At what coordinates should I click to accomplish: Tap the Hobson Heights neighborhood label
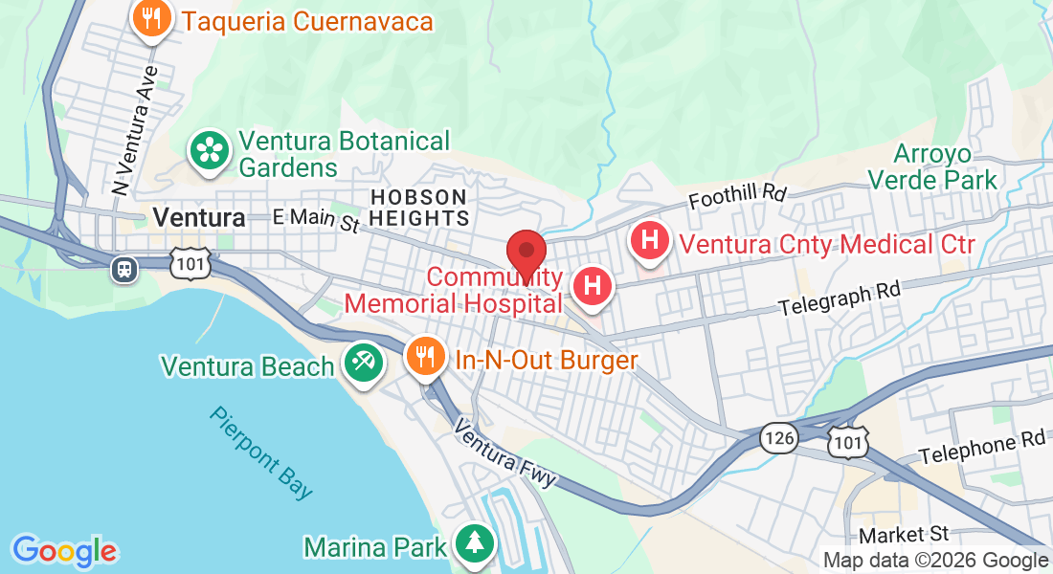click(x=418, y=207)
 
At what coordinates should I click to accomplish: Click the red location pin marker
click(x=526, y=254)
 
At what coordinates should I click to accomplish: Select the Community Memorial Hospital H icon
click(x=593, y=286)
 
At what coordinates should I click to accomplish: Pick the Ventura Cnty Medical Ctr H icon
click(x=650, y=239)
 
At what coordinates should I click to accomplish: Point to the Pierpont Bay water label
click(x=261, y=453)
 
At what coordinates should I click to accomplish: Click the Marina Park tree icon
click(x=474, y=543)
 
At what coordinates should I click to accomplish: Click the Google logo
click(x=65, y=551)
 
